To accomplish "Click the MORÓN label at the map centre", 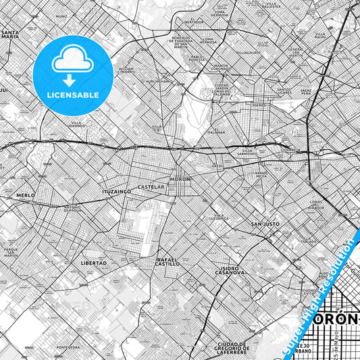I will coord(182,178).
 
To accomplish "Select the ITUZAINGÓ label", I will coord(116,192).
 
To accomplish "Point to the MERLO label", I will coord(26,195).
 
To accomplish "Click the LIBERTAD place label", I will coord(93,263).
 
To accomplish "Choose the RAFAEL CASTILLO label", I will coord(168,261).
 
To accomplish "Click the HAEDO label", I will coord(217,165).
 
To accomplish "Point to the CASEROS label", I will coord(259,105).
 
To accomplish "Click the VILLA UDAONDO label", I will coord(76,124).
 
